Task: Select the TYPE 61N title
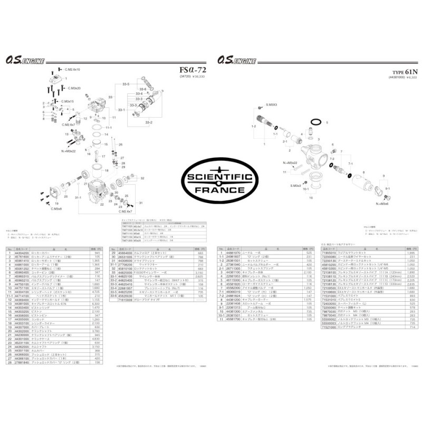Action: (404, 72)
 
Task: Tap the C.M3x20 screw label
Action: (72, 88)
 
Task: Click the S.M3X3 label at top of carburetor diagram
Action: (274, 105)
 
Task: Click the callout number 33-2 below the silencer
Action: (147, 122)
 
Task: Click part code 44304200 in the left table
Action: (23, 253)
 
